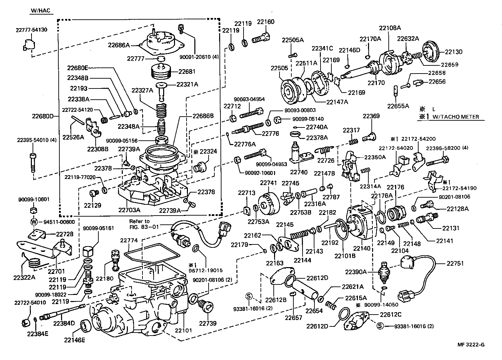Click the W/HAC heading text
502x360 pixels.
pyautogui.click(x=40, y=11)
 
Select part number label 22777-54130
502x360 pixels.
pyautogui.click(x=31, y=30)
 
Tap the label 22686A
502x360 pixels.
pyautogui.click(x=119, y=44)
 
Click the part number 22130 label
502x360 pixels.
pyautogui.click(x=453, y=52)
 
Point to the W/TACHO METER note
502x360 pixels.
pyautogui.click(x=456, y=117)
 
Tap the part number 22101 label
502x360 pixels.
pyautogui.click(x=184, y=330)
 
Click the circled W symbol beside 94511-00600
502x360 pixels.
pyautogui.click(x=34, y=222)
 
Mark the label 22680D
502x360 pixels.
pyautogui.click(x=43, y=116)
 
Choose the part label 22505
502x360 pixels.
pyautogui.click(x=279, y=68)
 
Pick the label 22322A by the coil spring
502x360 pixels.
pyautogui.click(x=24, y=277)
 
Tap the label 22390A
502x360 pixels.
pyautogui.click(x=356, y=272)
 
